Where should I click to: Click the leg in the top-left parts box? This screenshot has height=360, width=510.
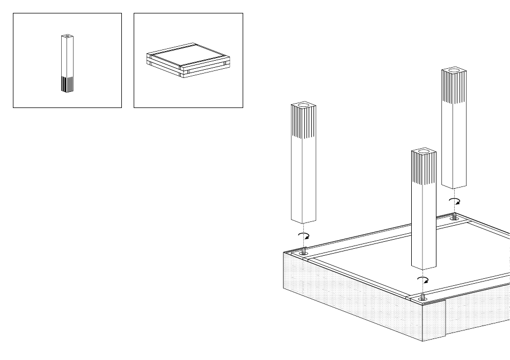pos(67,63)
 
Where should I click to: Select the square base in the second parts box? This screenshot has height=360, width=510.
pos(187,60)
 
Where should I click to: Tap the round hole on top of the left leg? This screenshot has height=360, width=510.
pos(303,104)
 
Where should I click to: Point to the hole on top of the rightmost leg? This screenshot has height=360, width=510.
pos(454,70)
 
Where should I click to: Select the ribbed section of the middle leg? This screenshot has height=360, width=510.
pos(424,168)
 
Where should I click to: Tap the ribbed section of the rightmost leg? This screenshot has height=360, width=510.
pos(454,88)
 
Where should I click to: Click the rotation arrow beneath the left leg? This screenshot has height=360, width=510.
pos(304,236)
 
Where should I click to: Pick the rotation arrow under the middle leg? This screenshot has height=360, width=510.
pos(423,280)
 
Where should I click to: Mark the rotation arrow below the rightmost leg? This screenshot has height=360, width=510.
pos(455,201)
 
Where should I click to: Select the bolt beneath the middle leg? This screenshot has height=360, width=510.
pos(423,296)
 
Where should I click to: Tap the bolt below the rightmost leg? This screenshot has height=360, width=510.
pos(455,217)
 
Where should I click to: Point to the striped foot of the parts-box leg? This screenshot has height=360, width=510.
pos(67,84)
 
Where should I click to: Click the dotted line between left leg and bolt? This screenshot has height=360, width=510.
pos(303,228)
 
